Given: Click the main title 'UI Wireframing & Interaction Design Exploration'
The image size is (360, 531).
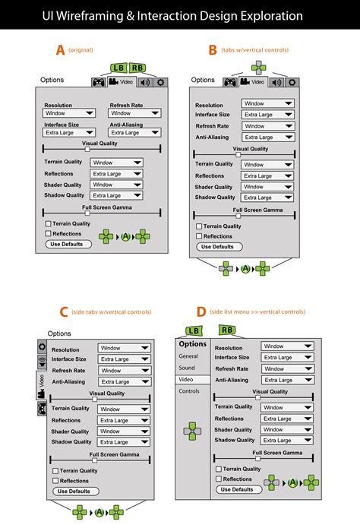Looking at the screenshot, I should click(179, 15).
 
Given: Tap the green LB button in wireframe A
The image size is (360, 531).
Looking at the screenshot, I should click(118, 68).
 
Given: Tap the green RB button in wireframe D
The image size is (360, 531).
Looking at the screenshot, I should click(227, 330).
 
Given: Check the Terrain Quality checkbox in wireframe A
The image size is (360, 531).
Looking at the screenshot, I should click(48, 224).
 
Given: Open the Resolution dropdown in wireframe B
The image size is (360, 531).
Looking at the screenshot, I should click(267, 103).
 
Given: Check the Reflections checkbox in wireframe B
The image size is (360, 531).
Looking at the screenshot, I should click(199, 235).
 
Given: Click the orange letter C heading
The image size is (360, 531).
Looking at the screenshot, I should click(63, 312).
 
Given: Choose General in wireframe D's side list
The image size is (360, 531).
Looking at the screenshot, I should click(188, 356).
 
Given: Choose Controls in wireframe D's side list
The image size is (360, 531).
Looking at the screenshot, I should click(189, 390).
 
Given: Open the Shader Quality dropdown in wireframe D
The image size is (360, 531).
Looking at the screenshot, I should click(287, 429).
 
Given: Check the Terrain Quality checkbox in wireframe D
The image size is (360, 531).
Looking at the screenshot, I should click(219, 469).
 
